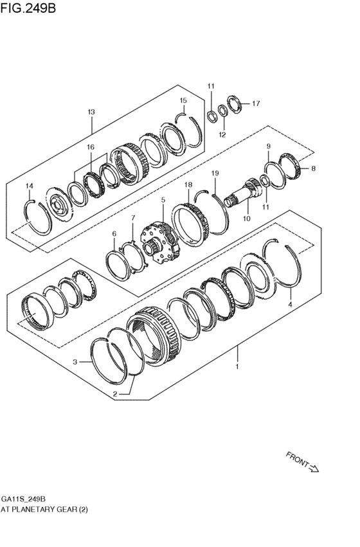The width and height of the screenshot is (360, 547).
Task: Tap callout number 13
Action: (91, 112)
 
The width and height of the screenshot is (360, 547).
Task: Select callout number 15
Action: (183, 100)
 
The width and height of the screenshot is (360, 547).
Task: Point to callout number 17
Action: (255, 103)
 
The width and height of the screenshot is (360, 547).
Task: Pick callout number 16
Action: (91, 147)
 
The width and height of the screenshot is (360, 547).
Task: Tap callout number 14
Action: (28, 186)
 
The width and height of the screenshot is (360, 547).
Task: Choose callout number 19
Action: (215, 174)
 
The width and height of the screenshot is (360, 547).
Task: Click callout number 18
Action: (188, 185)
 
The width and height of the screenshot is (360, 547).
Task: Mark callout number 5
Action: (163, 200)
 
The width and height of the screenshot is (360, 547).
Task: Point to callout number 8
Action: (313, 168)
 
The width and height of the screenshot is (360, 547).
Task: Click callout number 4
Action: (290, 304)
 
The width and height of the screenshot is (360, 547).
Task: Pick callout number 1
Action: (237, 366)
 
